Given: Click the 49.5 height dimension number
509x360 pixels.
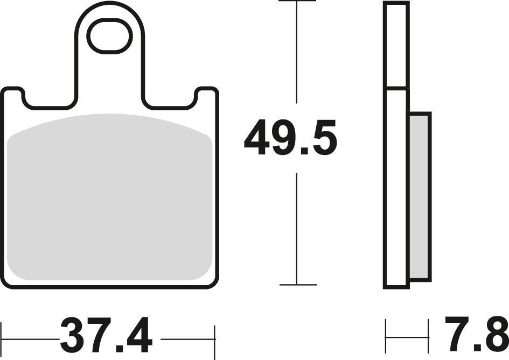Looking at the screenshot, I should pyautogui.click(x=290, y=138).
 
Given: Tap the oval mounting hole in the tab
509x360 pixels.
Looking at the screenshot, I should pyautogui.click(x=110, y=37).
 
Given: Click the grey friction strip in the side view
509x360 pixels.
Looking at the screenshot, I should pyautogui.click(x=420, y=196).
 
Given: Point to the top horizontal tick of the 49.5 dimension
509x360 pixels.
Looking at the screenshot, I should pyautogui.click(x=297, y=2).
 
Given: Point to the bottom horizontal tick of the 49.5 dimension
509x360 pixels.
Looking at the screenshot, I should pyautogui.click(x=297, y=285).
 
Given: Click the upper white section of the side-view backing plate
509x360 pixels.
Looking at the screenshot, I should pyautogui.click(x=396, y=45).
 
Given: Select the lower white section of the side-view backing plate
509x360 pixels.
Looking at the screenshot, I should pyautogui.click(x=396, y=188).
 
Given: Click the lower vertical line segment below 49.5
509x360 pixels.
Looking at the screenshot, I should pyautogui.click(x=297, y=229).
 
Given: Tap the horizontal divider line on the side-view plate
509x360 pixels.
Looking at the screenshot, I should pyautogui.click(x=396, y=88).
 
